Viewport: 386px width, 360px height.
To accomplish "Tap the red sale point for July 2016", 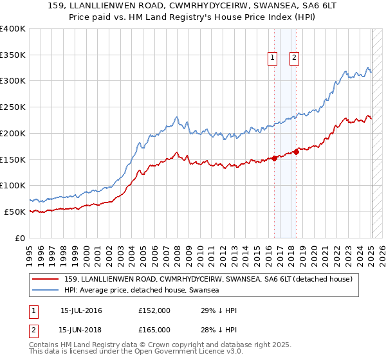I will (275, 157).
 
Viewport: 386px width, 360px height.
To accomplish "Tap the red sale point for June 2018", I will (297, 152).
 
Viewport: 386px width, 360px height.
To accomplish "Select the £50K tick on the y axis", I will (15, 212).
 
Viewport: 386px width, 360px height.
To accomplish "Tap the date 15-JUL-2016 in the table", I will (81, 310).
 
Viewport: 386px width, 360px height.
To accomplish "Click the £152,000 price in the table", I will (154, 310).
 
